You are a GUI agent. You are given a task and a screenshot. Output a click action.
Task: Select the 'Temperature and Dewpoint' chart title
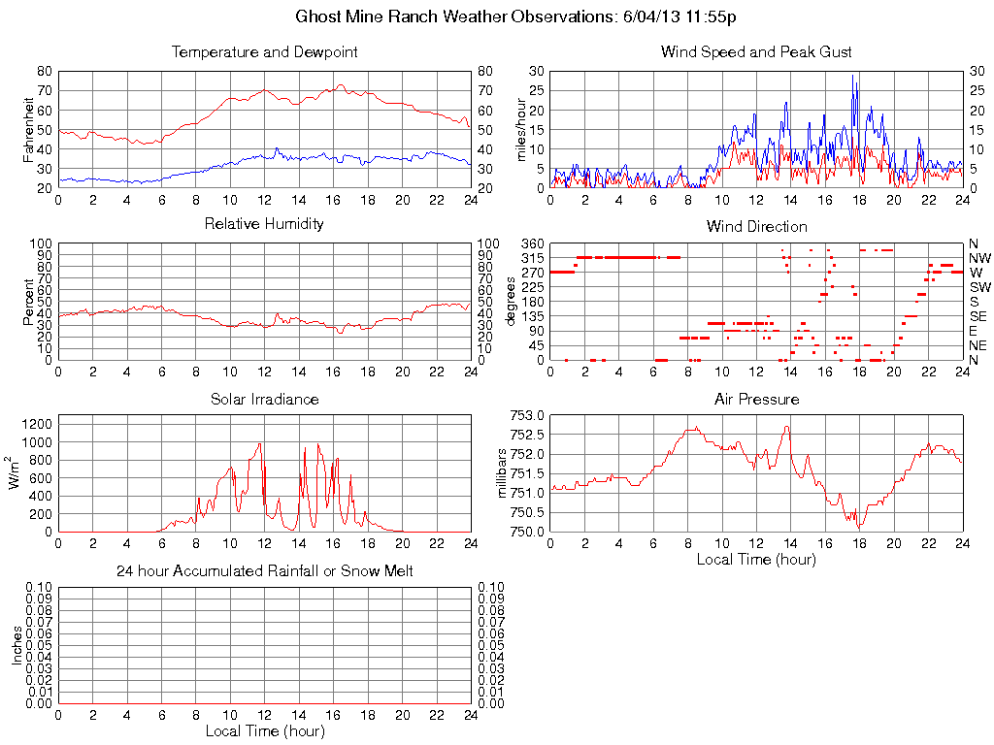[264, 51]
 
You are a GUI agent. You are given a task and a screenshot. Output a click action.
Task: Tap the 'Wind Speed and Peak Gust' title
[756, 51]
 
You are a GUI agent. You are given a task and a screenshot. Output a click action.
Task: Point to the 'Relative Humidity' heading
[264, 224]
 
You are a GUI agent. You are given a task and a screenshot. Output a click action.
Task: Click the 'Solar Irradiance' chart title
[264, 399]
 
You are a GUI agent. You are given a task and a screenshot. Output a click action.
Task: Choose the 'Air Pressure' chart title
[756, 399]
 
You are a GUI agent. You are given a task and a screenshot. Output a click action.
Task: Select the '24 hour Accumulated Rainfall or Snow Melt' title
[264, 571]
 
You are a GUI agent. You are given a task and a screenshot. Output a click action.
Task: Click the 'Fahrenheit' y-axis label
[29, 129]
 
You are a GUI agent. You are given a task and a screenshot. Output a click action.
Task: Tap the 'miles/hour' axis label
[521, 129]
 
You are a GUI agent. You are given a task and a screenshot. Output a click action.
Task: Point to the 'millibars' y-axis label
[503, 473]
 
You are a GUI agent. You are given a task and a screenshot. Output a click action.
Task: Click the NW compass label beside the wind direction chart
[978, 258]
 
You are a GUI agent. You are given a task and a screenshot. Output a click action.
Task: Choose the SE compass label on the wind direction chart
[978, 316]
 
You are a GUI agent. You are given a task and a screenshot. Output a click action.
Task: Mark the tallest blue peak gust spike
[853, 76]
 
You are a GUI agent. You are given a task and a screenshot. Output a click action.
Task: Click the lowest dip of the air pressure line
[860, 527]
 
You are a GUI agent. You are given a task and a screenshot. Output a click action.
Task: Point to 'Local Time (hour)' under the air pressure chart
[756, 559]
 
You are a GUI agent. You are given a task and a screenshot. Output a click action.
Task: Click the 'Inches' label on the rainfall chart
[17, 645]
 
